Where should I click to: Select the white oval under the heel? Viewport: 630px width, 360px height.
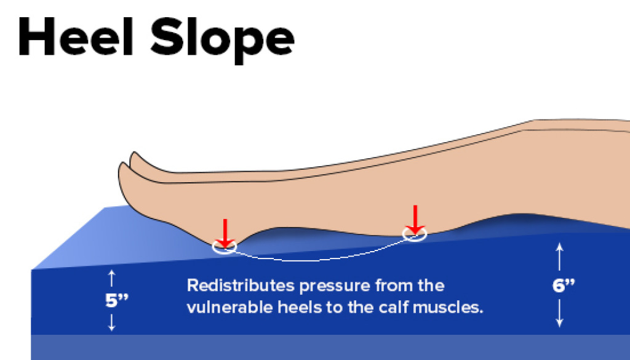[225, 247]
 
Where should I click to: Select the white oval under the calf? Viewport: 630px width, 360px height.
[415, 234]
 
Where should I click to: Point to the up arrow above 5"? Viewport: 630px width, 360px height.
[111, 278]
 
